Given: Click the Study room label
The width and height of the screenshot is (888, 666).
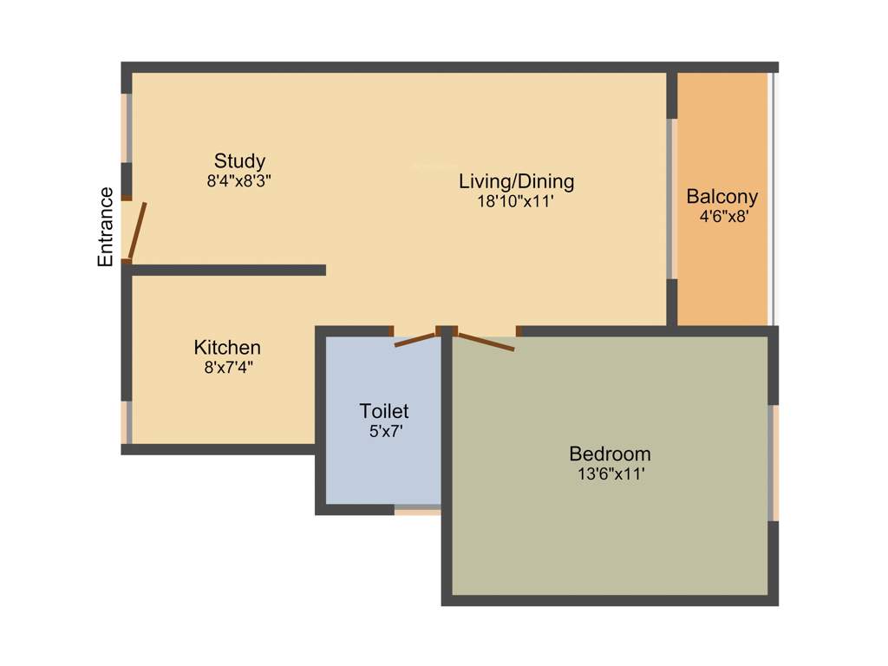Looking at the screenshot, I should click(x=239, y=161).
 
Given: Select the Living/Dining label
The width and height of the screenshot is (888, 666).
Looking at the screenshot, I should click(x=516, y=181).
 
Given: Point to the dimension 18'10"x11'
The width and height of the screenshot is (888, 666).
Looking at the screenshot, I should click(x=516, y=202).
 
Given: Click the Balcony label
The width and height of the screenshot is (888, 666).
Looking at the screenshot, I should click(x=721, y=196).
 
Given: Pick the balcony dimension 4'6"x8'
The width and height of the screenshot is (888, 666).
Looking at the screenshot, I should click(x=723, y=216).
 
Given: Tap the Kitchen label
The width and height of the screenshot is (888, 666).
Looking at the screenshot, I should click(x=227, y=347).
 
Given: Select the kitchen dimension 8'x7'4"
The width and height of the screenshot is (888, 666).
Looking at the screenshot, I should click(x=227, y=367).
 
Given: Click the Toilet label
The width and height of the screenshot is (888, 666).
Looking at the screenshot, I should click(x=384, y=411).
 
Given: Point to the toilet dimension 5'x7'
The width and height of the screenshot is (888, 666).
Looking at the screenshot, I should click(x=384, y=430).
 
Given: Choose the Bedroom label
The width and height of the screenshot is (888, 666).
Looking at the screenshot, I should click(x=610, y=454).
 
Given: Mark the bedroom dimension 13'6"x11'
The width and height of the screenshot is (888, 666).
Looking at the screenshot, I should click(x=610, y=473).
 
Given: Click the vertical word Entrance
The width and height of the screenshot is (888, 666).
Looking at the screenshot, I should click(x=106, y=226).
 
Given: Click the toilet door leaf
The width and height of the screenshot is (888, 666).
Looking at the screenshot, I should click(x=415, y=340).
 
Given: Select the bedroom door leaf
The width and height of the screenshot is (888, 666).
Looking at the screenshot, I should click(x=486, y=342).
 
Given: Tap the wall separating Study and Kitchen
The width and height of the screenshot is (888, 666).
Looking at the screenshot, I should click(x=227, y=271).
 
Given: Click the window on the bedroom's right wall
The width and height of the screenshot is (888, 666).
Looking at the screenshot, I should click(x=773, y=462).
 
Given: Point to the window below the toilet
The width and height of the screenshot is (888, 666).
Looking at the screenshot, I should click(x=417, y=510).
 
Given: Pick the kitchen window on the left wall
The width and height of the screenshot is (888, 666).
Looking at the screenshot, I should click(x=127, y=422).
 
